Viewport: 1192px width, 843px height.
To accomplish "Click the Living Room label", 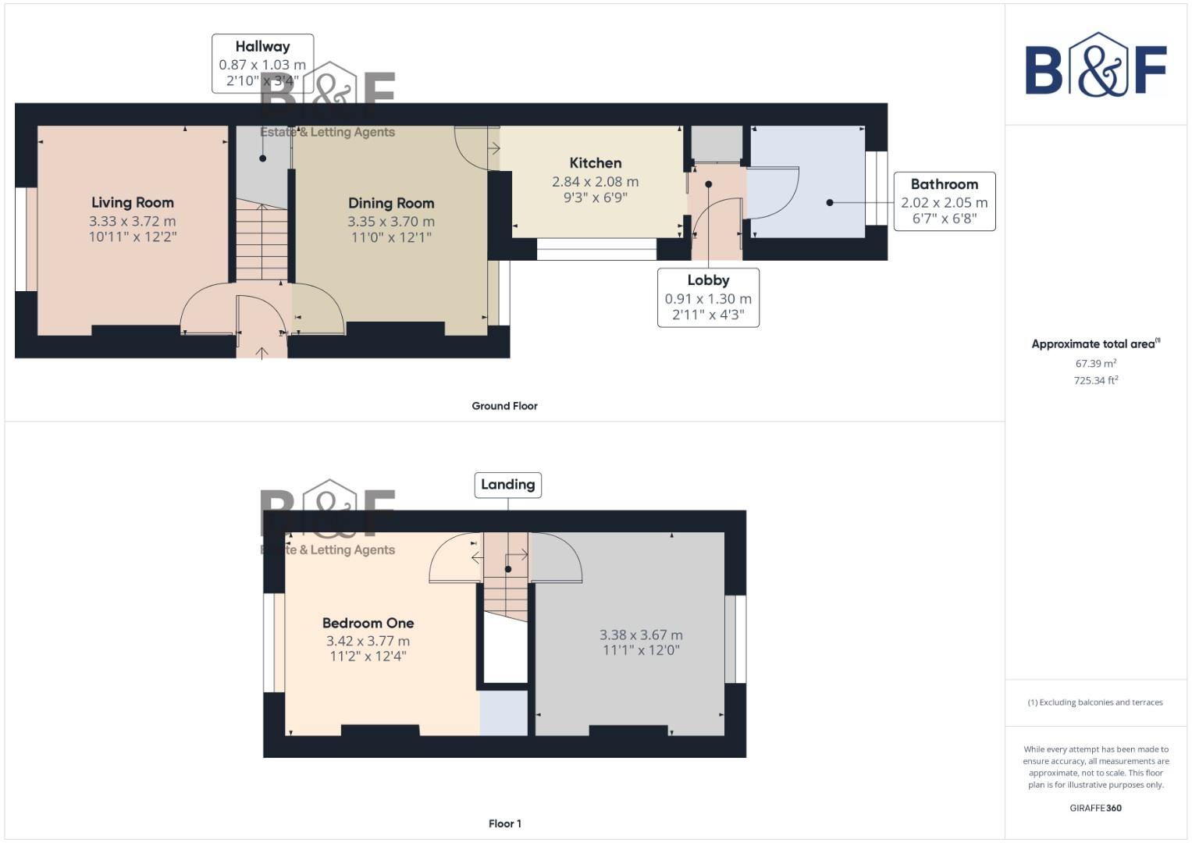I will [132, 203].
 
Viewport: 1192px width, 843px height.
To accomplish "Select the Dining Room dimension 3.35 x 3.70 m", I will [391, 222].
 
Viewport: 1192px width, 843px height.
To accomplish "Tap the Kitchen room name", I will [595, 163].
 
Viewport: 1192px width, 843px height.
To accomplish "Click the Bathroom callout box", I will [944, 201].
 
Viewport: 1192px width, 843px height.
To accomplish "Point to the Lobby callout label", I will [708, 297].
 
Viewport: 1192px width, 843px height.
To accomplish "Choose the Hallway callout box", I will [262, 63].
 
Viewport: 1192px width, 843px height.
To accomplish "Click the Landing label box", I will [507, 485].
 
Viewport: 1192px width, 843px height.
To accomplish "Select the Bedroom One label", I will [368, 623].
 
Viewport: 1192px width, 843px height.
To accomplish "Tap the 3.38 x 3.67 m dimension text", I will [641, 635].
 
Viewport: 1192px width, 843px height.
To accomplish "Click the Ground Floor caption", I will [504, 406].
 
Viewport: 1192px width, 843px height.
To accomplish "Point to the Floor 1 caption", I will [504, 823].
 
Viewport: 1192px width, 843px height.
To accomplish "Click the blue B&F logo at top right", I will [1095, 66].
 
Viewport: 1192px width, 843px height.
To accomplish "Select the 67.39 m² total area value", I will [1095, 364].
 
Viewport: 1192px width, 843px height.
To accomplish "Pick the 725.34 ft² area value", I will [1095, 381].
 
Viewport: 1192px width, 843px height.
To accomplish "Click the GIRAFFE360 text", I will [1095, 808].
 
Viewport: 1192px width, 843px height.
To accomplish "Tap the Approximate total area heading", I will [1095, 344].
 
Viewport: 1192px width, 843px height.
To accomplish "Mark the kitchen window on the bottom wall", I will [596, 249].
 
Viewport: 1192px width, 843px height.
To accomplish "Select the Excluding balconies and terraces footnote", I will [1095, 702].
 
